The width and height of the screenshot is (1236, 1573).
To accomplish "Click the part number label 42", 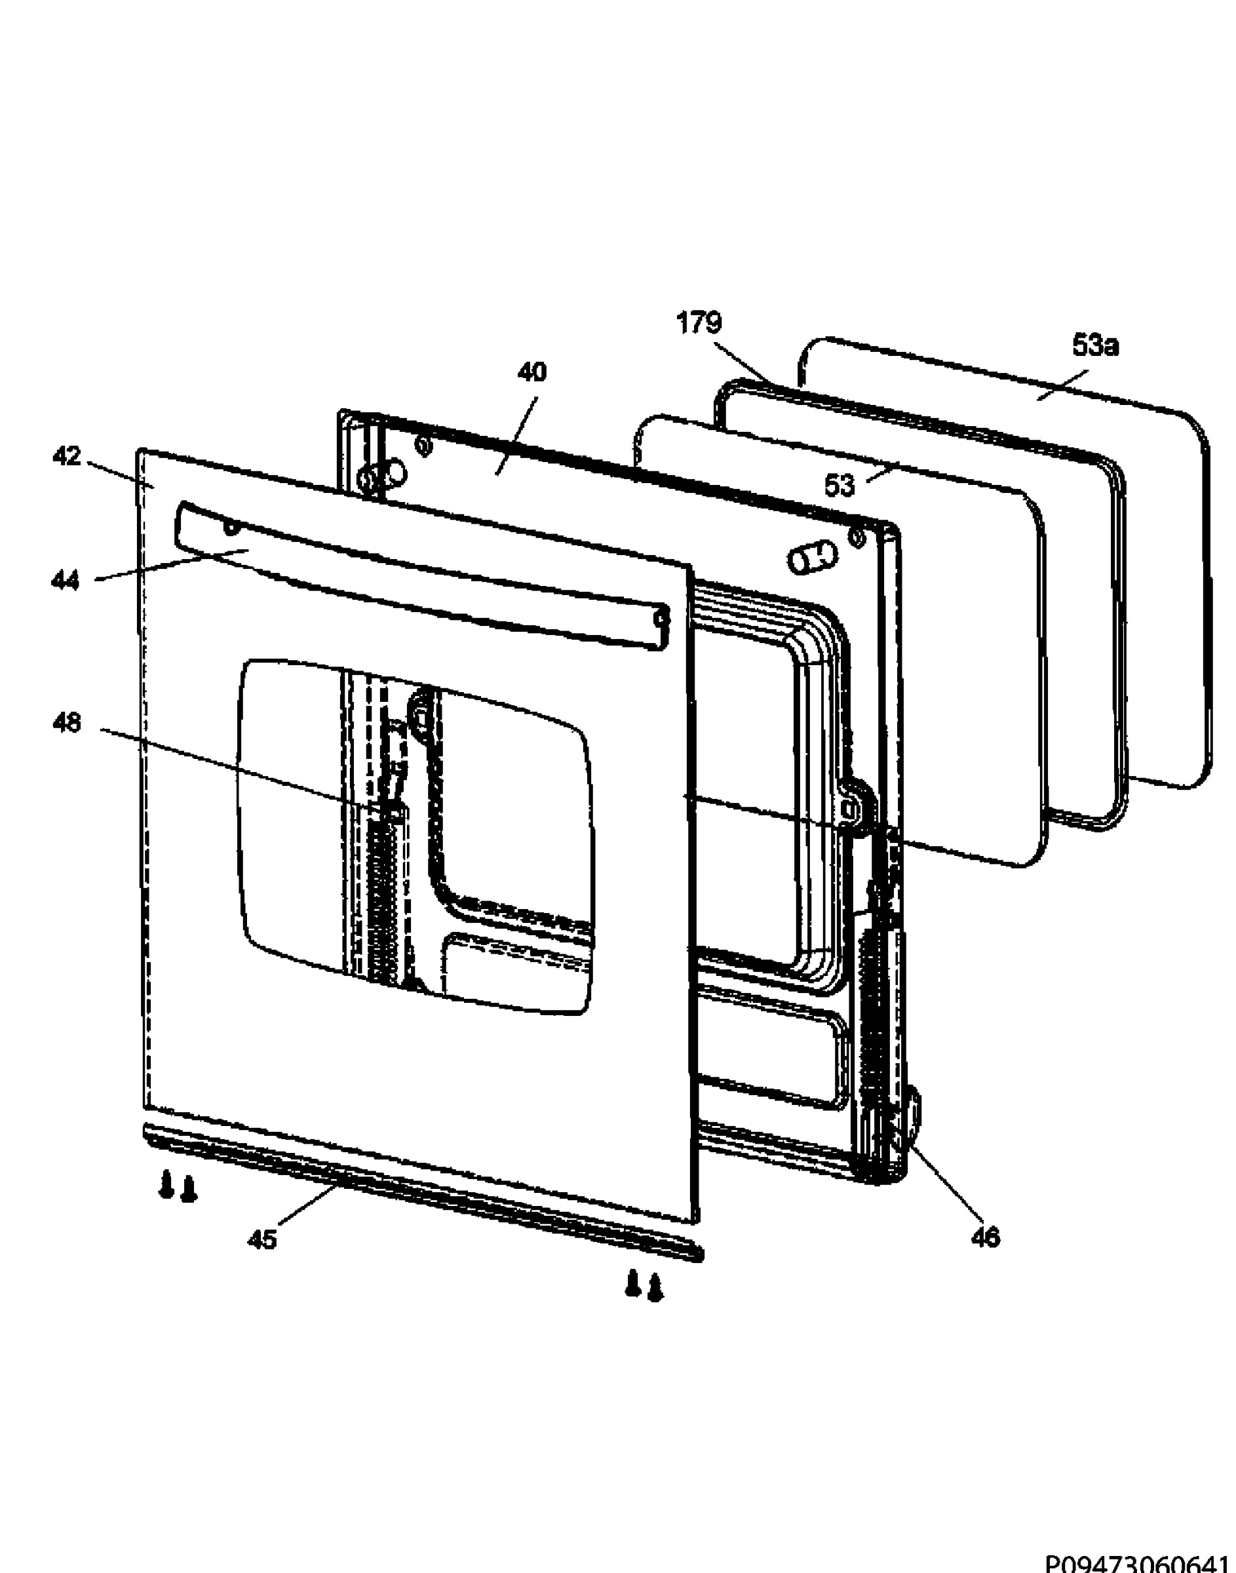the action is [x=67, y=457].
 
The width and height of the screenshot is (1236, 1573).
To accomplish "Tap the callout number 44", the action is [x=65, y=580].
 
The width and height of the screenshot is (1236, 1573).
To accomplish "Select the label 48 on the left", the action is [x=67, y=723].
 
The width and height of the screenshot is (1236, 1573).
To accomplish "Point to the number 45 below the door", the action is [x=262, y=1240].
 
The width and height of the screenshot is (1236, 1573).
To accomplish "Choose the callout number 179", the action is [x=699, y=322].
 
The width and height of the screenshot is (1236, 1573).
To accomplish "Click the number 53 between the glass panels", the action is [x=840, y=486].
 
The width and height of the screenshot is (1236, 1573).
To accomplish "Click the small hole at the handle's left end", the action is [x=231, y=529].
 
